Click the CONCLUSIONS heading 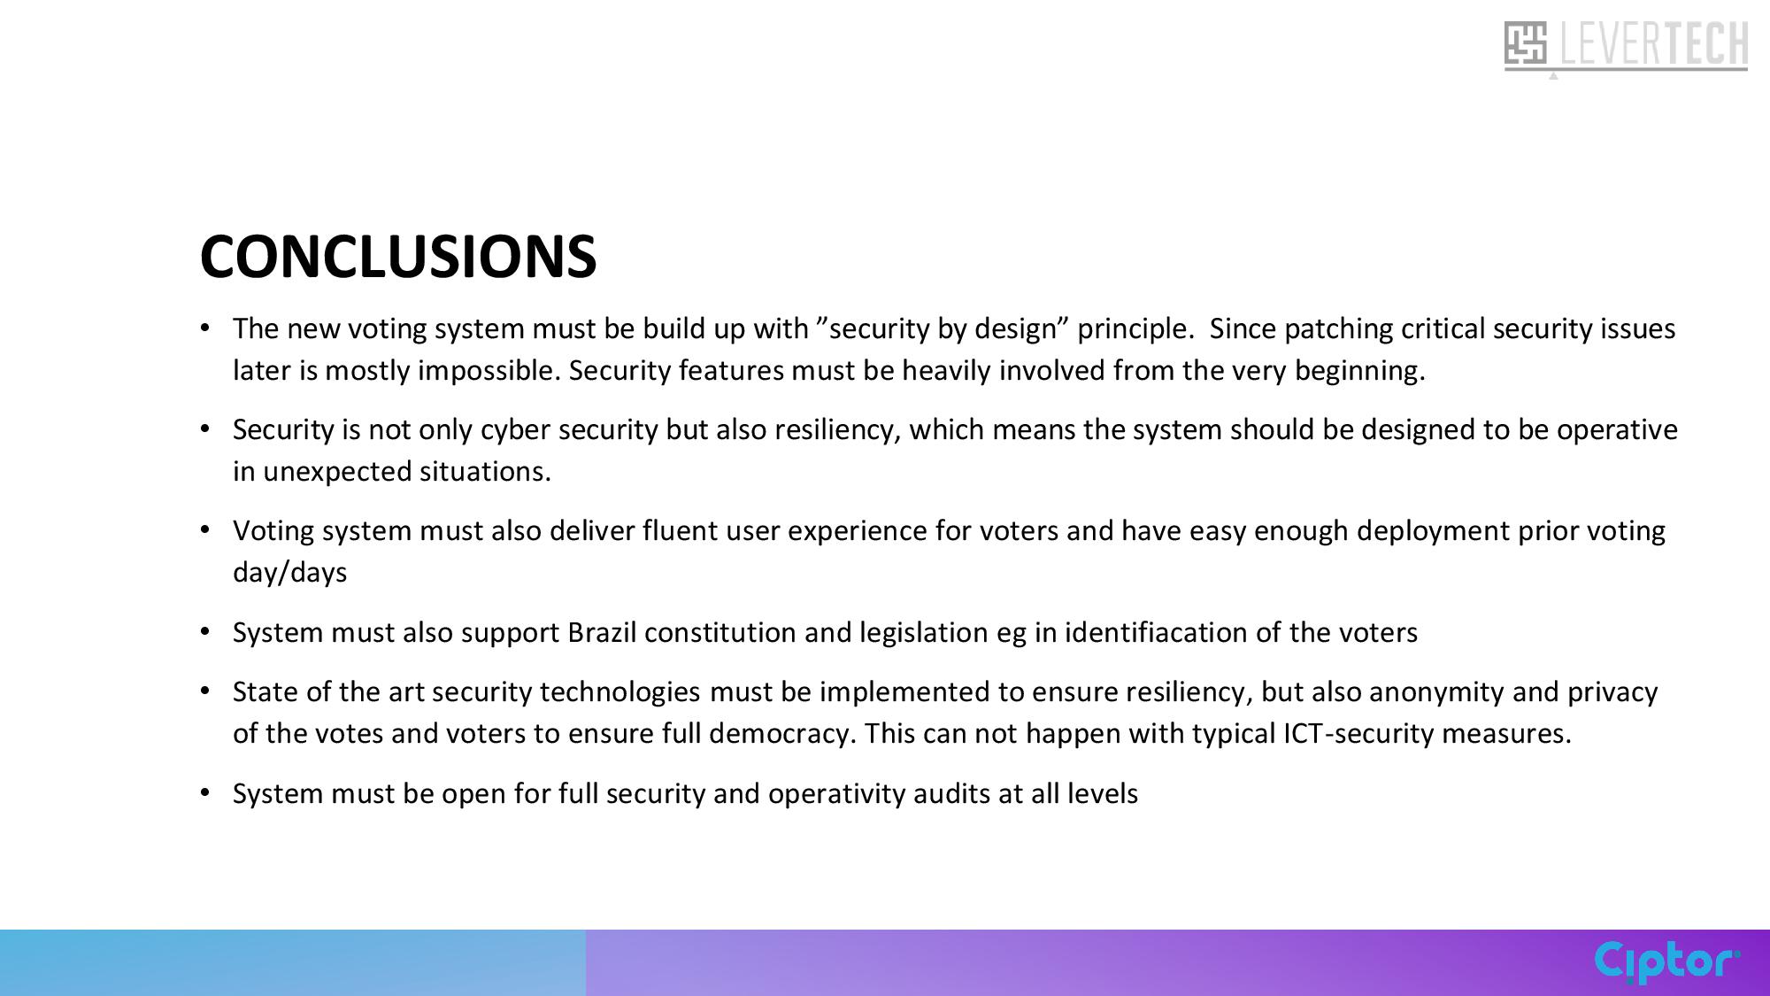point(398,257)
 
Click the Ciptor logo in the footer point(1667,962)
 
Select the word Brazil point(602,632)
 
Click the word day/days point(290,573)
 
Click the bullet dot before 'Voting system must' point(205,529)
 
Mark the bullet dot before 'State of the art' point(205,691)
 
